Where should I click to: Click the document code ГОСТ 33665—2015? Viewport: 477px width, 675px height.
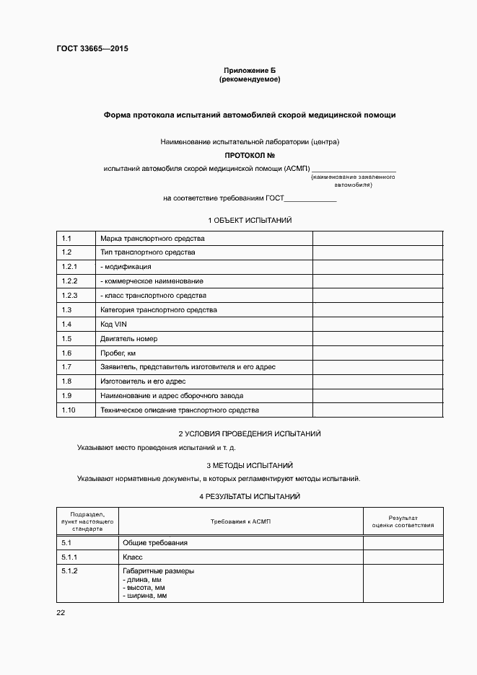tap(92, 49)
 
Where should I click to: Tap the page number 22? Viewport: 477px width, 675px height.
tap(61, 613)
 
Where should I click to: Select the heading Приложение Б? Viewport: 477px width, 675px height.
tap(249, 70)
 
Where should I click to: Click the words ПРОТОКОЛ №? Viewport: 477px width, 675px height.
tap(249, 155)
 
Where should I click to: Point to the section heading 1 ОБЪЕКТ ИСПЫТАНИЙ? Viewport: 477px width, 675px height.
tap(250, 220)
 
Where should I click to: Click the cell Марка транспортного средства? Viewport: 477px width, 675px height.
tap(153, 238)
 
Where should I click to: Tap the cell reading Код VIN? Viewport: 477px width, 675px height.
tap(114, 325)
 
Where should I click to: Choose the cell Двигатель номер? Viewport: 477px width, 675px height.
tap(129, 339)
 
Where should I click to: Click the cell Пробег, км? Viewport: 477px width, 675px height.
tap(118, 353)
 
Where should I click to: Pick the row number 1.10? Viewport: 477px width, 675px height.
tap(69, 410)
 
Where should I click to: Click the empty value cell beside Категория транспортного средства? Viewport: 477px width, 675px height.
tap(377, 310)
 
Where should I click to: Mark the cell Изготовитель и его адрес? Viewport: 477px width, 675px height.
tap(144, 381)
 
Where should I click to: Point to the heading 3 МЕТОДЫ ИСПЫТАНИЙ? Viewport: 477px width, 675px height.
tap(250, 466)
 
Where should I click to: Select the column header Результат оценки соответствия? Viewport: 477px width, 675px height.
tap(403, 521)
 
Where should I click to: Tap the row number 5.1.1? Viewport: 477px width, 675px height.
tap(70, 557)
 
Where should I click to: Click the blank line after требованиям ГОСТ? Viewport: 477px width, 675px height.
tap(311, 198)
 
